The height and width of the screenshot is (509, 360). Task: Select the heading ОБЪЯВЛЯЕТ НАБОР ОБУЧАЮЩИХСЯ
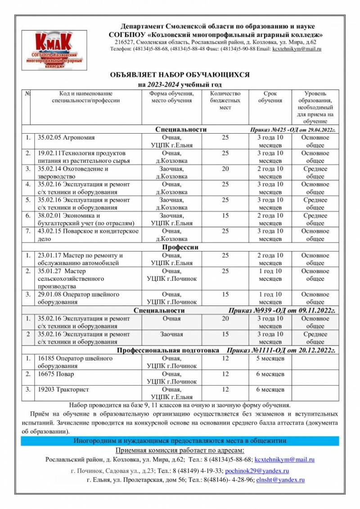(x=180, y=75)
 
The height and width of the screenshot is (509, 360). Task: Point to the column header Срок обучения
(x=270, y=97)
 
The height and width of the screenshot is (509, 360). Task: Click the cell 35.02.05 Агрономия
(x=66, y=138)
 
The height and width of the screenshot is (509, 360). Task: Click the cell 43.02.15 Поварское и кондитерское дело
(x=88, y=235)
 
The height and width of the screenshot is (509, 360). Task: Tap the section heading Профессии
(x=180, y=247)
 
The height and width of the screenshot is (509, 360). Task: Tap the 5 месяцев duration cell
(x=270, y=359)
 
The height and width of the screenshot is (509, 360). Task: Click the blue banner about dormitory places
(x=180, y=441)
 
